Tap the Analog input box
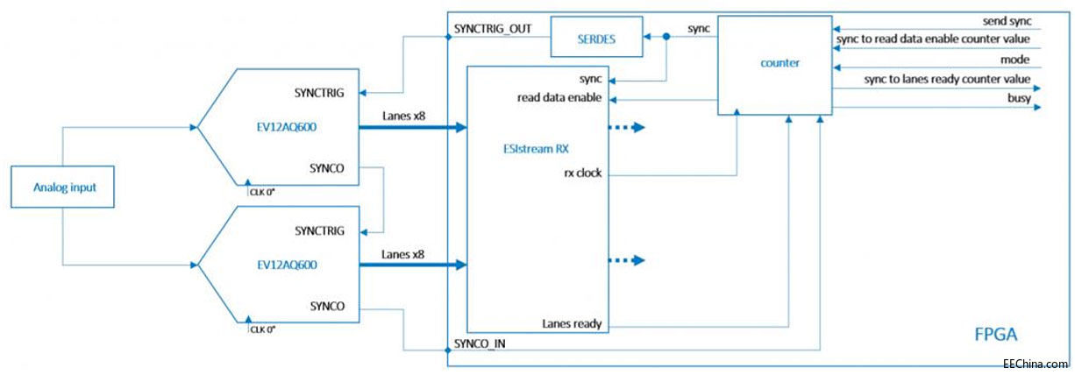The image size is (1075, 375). pos(62,187)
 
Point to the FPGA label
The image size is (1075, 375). pos(996,334)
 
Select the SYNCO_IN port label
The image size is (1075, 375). pos(481,343)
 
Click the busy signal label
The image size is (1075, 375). pos(1020,99)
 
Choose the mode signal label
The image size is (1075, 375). pos(1015,60)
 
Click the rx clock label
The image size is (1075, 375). pos(581,172)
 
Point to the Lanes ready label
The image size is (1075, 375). pos(572,324)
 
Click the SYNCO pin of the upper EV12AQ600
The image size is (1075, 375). pos(327,166)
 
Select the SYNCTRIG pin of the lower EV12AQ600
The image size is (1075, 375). pos(320,231)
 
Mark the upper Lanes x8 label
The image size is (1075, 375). pos(404,115)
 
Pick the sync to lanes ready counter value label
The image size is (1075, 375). pos(947,80)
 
